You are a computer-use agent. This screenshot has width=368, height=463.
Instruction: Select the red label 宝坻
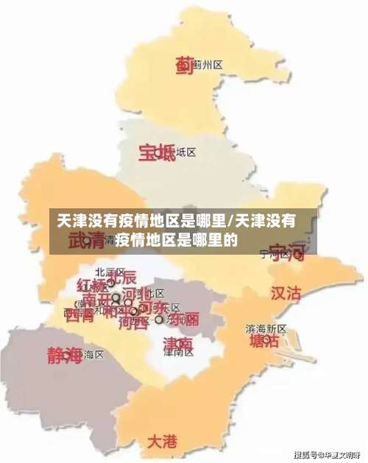coord(157,152)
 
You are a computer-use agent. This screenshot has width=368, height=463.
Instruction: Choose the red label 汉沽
coord(286,293)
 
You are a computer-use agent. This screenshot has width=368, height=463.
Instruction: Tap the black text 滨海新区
coord(266,328)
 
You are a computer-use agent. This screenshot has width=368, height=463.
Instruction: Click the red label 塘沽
coord(263,342)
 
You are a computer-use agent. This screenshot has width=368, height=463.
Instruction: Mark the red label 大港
coord(162,442)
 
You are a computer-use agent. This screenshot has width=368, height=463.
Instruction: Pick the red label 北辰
coord(121,278)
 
